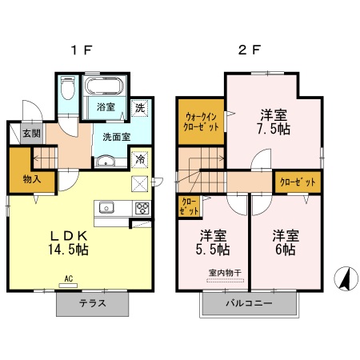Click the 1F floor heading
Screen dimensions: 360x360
(81, 50)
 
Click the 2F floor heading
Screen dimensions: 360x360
(249, 50)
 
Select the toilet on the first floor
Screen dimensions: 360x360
(67, 89)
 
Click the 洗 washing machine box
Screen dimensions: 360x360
(139, 108)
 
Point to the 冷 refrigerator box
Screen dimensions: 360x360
(140, 159)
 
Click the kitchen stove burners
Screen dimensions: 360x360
(142, 209)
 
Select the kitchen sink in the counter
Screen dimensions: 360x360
(108, 208)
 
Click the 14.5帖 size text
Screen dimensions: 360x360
(70, 249)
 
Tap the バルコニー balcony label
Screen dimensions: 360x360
(248, 304)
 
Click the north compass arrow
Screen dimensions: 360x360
(345, 279)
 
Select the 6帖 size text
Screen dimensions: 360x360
(285, 250)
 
